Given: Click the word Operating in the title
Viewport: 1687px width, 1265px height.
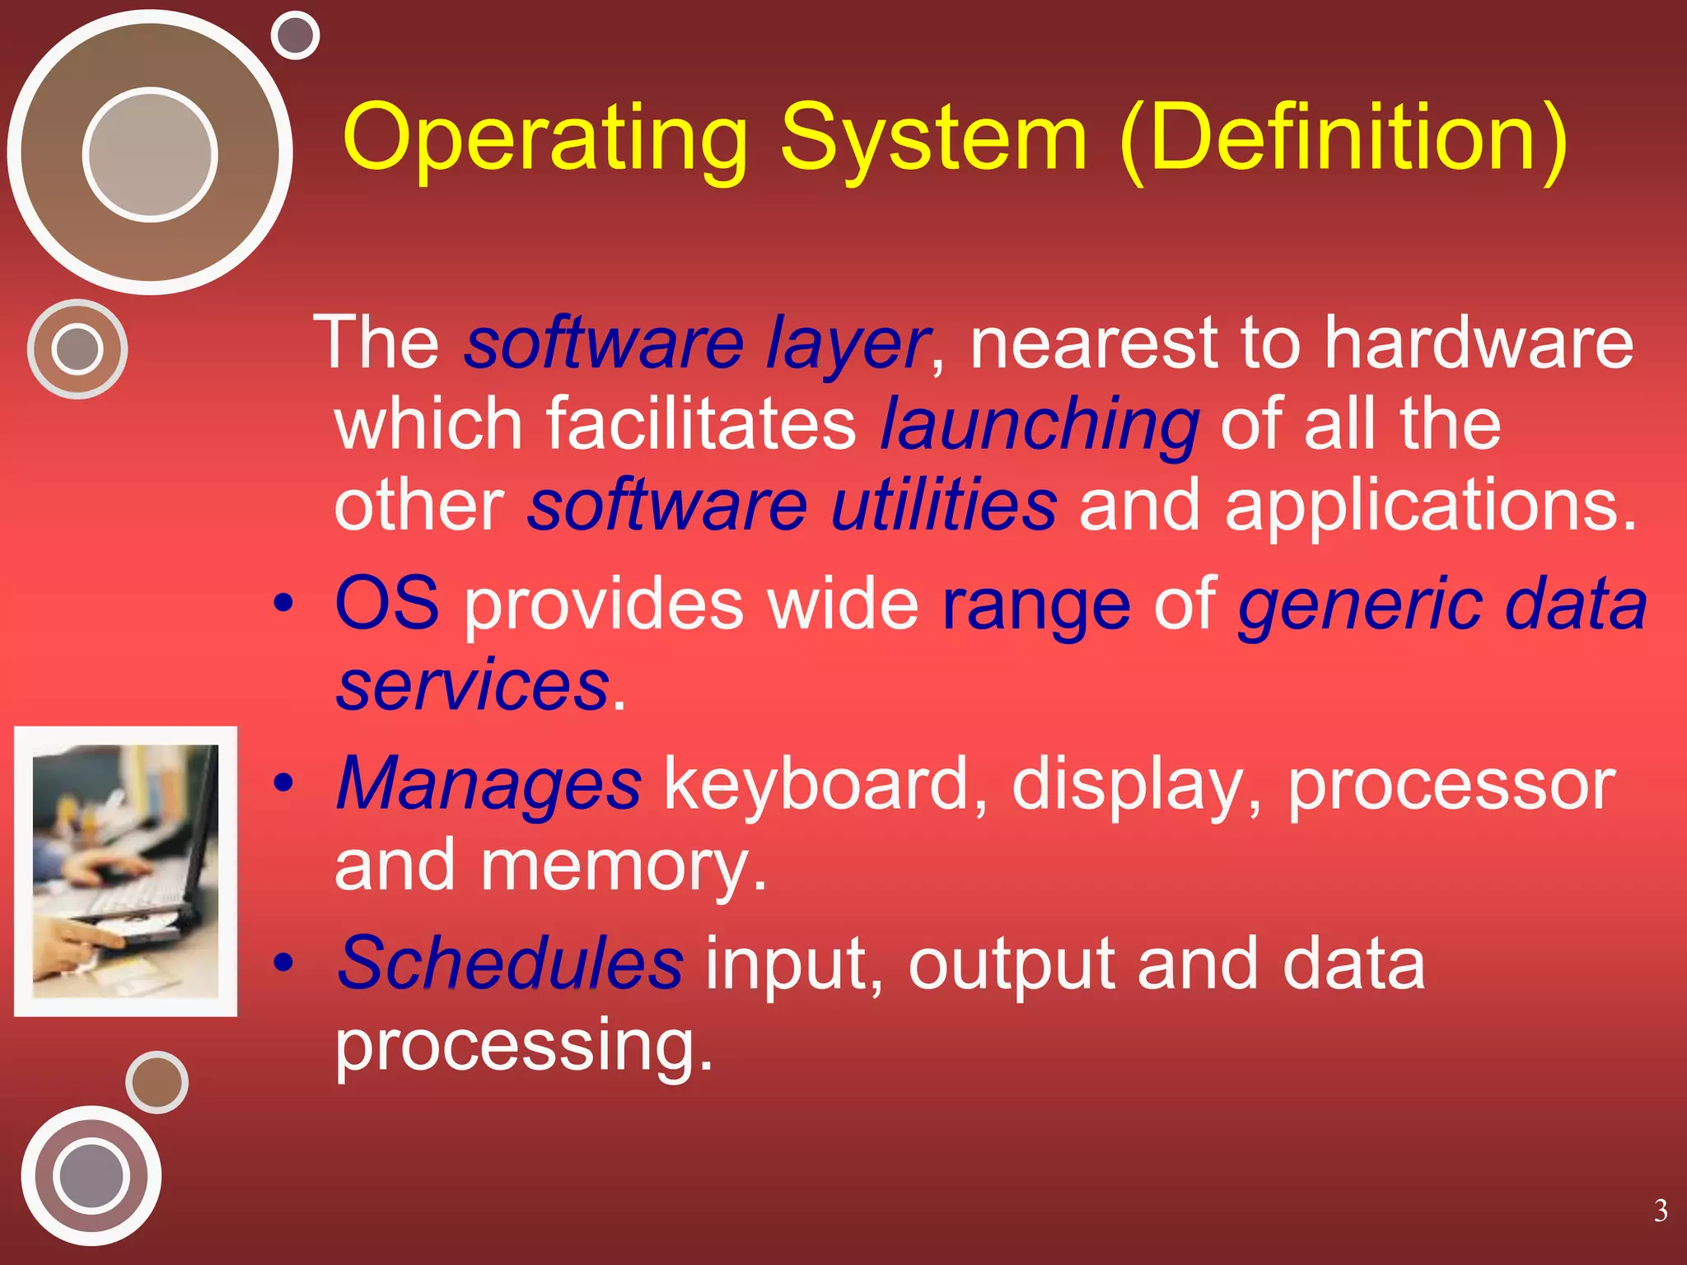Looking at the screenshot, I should point(544,138).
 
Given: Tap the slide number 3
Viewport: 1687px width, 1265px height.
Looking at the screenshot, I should point(1661,1211).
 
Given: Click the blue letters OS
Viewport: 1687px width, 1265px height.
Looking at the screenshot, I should point(387,604).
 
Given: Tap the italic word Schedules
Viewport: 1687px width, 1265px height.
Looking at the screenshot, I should point(510,963).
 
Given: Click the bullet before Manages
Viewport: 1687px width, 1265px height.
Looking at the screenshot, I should point(283,783).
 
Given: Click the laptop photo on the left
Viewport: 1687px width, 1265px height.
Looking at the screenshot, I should point(125,871).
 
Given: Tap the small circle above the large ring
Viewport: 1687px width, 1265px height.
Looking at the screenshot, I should point(295,35).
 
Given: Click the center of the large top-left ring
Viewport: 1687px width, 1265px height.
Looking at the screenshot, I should point(150,154).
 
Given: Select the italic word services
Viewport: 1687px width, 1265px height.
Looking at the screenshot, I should point(473,685).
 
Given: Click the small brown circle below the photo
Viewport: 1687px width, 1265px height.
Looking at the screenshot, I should point(157,1082).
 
